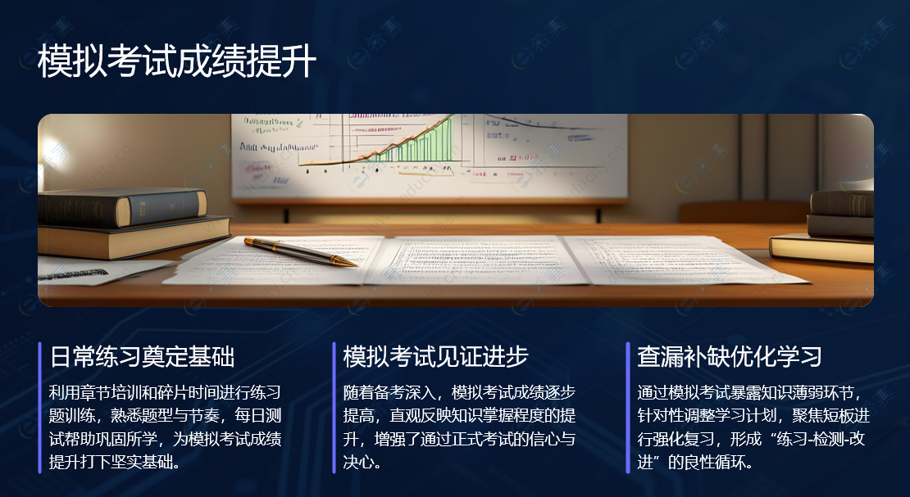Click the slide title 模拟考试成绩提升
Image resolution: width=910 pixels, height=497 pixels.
[x=176, y=62]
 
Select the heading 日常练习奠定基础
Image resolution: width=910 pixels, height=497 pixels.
[x=143, y=357]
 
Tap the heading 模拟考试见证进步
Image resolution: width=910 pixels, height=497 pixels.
[x=435, y=357]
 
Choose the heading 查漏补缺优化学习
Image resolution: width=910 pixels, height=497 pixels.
[x=730, y=357]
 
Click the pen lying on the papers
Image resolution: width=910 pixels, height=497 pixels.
[x=299, y=251]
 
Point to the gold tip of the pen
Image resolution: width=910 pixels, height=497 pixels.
[x=348, y=262]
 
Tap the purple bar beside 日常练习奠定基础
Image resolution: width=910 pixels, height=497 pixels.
[x=39, y=408]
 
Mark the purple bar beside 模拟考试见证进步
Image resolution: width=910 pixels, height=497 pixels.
[x=334, y=408]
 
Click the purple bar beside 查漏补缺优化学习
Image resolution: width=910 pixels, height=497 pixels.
[x=628, y=408]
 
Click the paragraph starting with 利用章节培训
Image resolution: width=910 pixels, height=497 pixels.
[x=165, y=427]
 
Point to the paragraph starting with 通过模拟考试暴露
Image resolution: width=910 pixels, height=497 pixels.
[x=753, y=427]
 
